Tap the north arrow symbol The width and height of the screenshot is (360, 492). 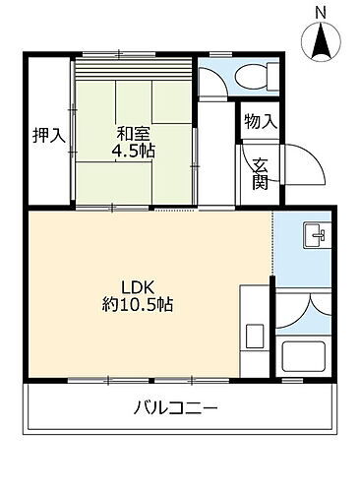click(x=322, y=40)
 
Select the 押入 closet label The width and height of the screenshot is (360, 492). click(x=48, y=136)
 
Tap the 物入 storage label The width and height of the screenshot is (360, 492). click(x=261, y=122)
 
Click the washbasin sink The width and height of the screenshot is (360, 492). click(x=314, y=236)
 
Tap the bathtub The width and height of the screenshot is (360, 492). click(x=307, y=355)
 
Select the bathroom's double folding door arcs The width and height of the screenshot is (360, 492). click(x=306, y=309)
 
